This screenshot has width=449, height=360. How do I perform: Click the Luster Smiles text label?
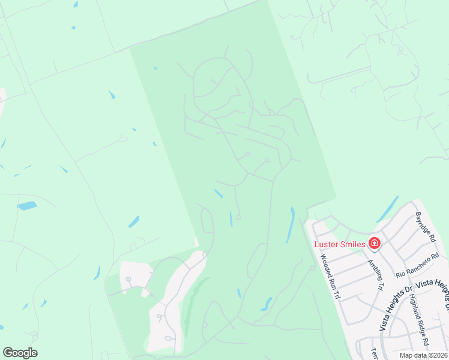[340, 244]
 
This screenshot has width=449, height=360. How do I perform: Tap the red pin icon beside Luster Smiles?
[374, 244]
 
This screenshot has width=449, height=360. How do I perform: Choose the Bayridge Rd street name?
[425, 226]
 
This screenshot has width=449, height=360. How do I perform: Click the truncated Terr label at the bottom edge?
[374, 352]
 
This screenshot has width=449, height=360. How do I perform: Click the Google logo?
[20, 353]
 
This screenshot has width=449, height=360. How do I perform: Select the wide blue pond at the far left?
[27, 206]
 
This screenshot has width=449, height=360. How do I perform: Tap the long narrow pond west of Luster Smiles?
[291, 224]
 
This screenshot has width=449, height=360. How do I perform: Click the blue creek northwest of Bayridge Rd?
[387, 209]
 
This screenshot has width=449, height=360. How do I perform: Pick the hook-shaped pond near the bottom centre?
[266, 304]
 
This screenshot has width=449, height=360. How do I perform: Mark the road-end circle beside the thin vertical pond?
[238, 218]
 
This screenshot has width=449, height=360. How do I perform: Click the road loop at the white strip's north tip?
[205, 254]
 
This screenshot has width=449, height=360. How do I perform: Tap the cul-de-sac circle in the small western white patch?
[128, 280]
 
